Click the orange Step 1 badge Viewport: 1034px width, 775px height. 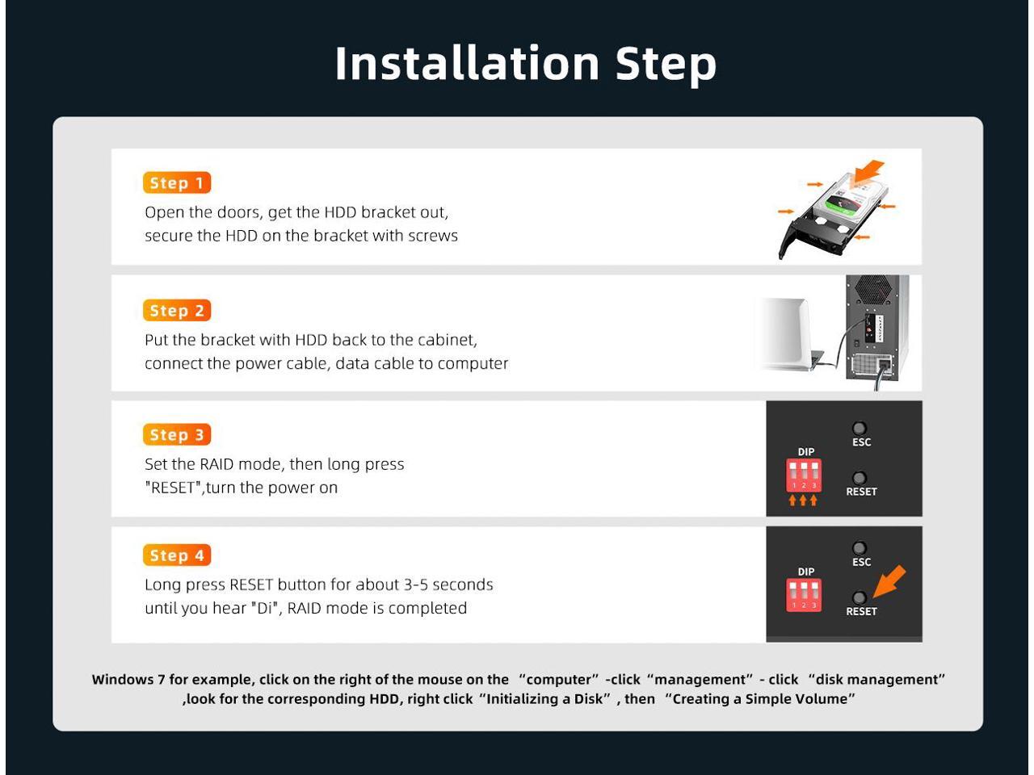click(177, 182)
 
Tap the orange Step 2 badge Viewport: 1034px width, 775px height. click(177, 311)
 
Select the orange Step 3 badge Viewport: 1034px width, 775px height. click(177, 434)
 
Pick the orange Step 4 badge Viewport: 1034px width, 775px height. click(177, 555)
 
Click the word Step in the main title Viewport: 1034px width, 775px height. click(666, 66)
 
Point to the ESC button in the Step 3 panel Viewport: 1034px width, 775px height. click(860, 428)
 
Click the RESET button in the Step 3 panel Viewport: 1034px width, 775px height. click(860, 478)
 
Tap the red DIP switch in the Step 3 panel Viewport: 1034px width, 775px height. click(804, 475)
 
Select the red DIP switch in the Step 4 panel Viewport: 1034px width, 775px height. click(804, 595)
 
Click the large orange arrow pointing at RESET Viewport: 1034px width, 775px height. click(889, 581)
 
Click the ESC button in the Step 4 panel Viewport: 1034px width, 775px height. click(860, 548)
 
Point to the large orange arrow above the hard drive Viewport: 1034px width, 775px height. click(868, 173)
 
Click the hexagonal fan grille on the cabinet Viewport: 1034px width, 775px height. click(873, 289)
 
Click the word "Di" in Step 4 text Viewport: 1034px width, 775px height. click(262, 608)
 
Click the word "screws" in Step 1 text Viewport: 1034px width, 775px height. click(433, 236)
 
